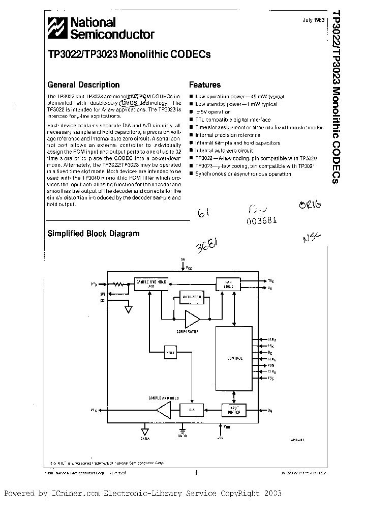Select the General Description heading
(x=83, y=85)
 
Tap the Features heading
(x=205, y=85)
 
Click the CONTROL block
(x=235, y=358)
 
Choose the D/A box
(x=192, y=410)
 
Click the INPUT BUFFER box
(x=234, y=410)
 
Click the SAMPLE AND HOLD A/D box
(x=150, y=283)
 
